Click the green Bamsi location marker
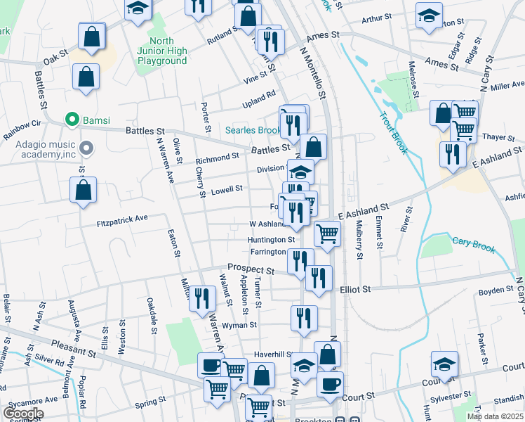(70, 120)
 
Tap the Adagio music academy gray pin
(86, 148)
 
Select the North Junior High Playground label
(161, 51)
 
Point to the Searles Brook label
(252, 130)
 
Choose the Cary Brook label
(474, 245)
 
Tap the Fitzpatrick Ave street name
(122, 219)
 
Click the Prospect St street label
(250, 269)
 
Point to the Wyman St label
(239, 326)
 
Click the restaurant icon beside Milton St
(201, 298)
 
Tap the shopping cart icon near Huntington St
(327, 233)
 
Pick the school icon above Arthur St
(428, 15)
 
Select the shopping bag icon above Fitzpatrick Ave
(83, 190)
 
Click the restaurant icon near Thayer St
(453, 153)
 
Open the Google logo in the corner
(23, 414)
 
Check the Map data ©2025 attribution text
(495, 416)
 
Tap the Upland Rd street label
(259, 96)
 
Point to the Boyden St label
(496, 290)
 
